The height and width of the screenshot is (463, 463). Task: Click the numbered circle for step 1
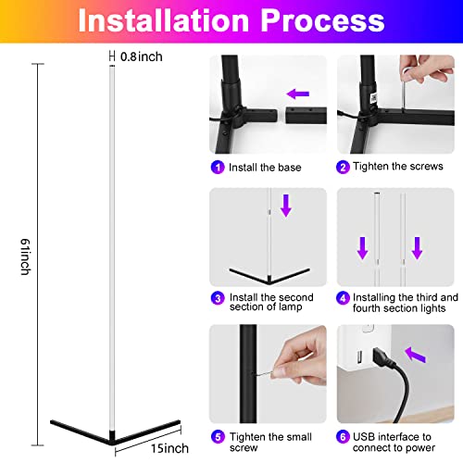[218, 168]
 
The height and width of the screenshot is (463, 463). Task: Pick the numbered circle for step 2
[344, 168]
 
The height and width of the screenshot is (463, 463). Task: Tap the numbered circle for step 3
[218, 297]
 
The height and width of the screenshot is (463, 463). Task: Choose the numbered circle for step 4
[344, 297]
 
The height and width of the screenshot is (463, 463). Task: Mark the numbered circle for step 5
[218, 434]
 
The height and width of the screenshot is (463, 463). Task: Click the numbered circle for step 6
[344, 434]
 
